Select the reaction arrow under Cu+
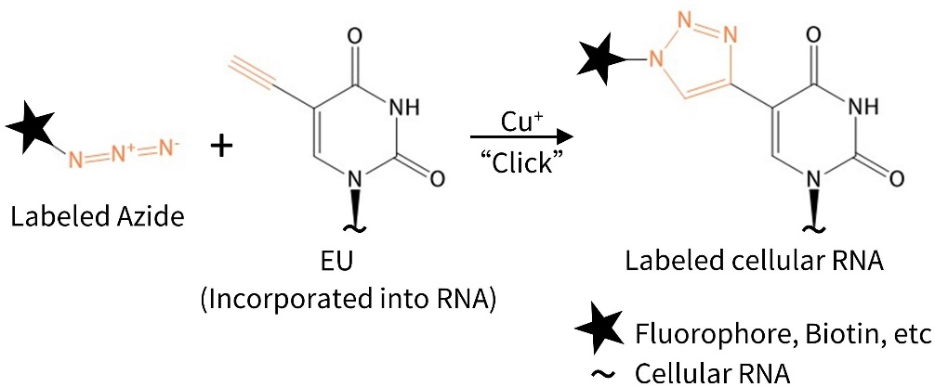coord(520,139)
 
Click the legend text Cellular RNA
coord(712,371)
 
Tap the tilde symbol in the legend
coord(602,371)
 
